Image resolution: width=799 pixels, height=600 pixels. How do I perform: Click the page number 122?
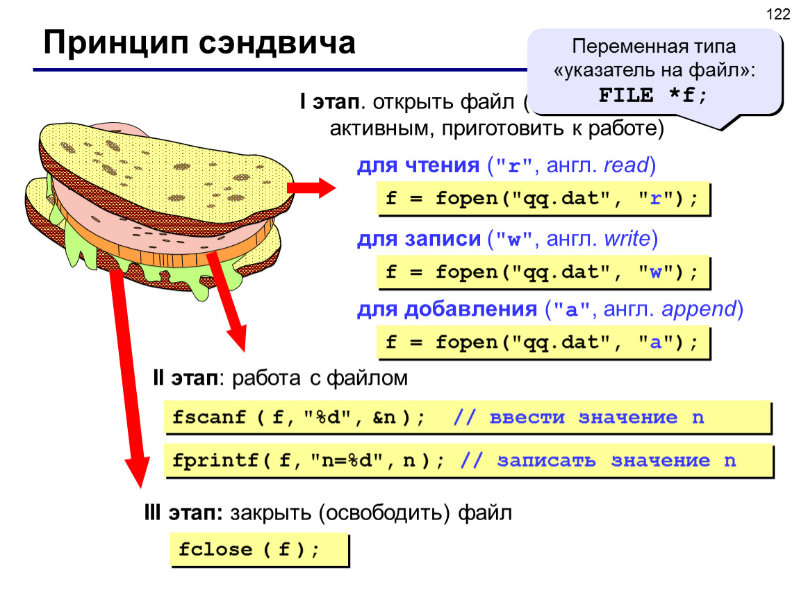[x=777, y=15]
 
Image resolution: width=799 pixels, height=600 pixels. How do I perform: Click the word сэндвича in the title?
[x=277, y=42]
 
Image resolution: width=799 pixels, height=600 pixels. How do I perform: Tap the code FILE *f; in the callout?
[x=653, y=95]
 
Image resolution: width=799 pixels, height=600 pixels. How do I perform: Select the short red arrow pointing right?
[x=311, y=188]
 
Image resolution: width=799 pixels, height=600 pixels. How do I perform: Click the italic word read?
[x=626, y=165]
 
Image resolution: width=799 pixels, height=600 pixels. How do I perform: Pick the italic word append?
[x=699, y=309]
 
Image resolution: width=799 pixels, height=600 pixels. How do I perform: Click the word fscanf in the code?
[x=209, y=417]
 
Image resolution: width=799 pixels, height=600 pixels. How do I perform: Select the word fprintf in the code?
[x=215, y=460]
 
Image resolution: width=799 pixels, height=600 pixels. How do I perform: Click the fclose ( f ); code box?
[x=259, y=550]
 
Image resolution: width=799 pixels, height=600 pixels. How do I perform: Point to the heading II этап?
[x=185, y=378]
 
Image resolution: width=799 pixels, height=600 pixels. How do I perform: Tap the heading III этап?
[x=183, y=512]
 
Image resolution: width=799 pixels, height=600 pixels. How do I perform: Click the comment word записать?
[x=546, y=461]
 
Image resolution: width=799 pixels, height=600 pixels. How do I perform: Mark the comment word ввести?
[x=527, y=417]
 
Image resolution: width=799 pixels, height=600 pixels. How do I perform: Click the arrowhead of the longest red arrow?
[x=138, y=471]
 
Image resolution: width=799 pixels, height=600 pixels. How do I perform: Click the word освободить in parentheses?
[x=385, y=513]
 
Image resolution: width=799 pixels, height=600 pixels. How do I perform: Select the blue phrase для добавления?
[x=447, y=309]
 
